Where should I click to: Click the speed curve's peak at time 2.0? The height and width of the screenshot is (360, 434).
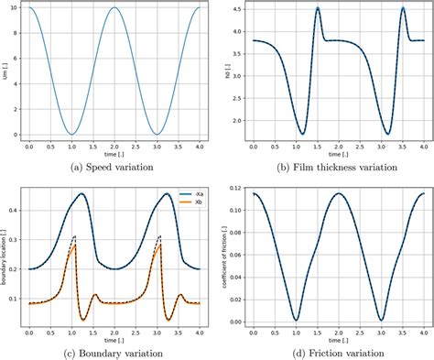114,8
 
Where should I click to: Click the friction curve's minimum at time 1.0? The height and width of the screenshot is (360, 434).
295,320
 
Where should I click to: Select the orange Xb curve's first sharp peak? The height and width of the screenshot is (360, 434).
73,245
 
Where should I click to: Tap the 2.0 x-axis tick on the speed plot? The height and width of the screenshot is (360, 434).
114,147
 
